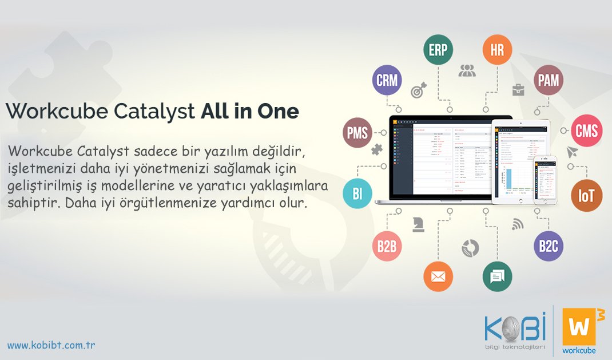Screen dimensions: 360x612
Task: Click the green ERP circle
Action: (438, 50)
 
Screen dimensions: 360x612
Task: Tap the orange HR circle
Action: (497, 50)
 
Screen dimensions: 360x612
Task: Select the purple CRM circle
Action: (387, 80)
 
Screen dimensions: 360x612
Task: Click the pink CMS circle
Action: (586, 132)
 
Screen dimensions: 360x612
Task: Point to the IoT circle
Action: (586, 196)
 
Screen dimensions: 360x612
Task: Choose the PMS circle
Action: (357, 133)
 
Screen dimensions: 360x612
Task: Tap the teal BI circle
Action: (357, 193)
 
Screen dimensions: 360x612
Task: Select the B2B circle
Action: (387, 247)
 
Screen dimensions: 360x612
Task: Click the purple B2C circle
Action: (548, 247)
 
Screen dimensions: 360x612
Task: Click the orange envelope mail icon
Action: (438, 276)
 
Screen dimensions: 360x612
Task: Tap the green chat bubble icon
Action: (497, 276)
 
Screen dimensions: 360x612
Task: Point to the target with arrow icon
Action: (419, 90)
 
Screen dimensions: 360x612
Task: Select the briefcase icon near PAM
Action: (518, 89)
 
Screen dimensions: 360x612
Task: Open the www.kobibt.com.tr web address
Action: (51, 345)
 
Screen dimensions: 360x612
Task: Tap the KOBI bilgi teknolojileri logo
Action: (515, 332)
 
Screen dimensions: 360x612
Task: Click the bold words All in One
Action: (249, 112)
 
